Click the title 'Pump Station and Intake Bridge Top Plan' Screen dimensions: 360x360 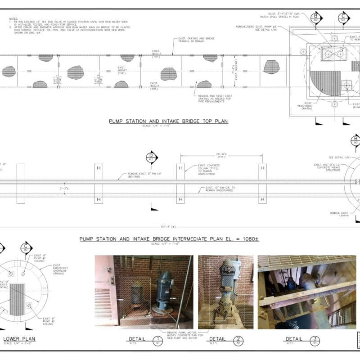point(168,121)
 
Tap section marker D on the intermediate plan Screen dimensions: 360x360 point(151,157)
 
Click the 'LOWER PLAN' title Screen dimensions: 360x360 point(19,339)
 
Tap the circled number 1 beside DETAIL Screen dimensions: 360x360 point(157,340)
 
